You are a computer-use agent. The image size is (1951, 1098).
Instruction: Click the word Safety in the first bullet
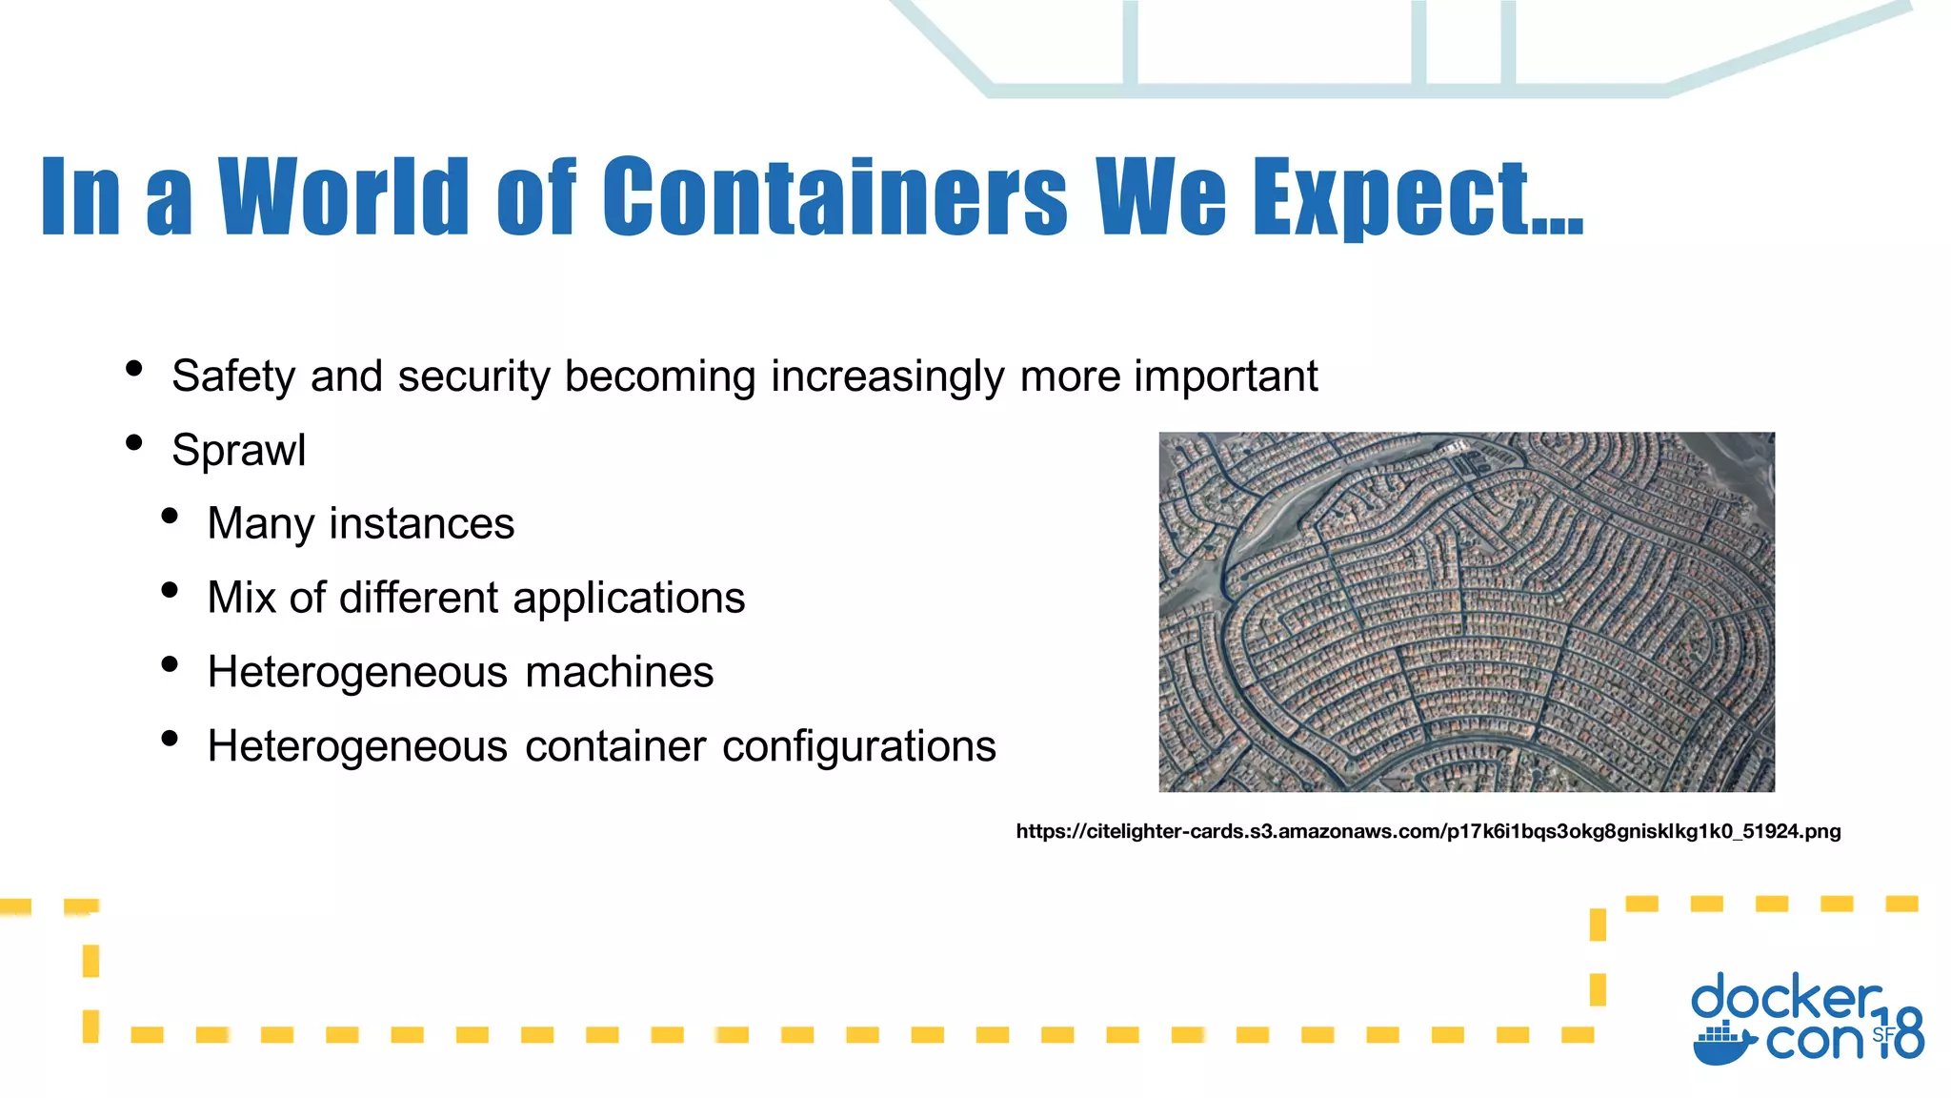(x=233, y=376)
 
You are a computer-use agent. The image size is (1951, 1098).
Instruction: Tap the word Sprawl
(x=239, y=450)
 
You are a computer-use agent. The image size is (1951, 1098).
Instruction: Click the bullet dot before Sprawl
(x=134, y=443)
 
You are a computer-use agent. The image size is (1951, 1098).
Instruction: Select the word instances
(x=422, y=523)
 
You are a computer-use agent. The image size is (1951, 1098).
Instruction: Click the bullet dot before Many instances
(x=171, y=517)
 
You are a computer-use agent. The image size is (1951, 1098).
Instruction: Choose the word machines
(x=619, y=672)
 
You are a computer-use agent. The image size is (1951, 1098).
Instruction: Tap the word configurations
(x=858, y=746)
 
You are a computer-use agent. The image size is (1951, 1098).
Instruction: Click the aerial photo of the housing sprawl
(x=1466, y=612)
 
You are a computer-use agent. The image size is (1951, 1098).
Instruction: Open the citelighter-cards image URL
(x=1428, y=831)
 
